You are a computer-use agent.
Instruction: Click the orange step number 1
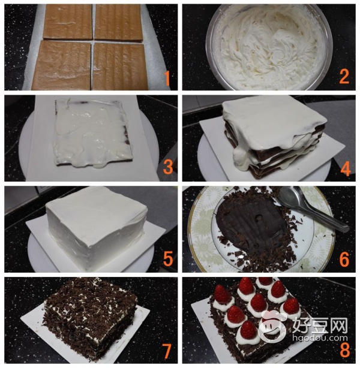(x=167, y=79)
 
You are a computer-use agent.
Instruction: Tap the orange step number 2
(x=344, y=76)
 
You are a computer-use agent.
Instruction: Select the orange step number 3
(x=168, y=167)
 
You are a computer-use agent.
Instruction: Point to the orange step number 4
(x=346, y=168)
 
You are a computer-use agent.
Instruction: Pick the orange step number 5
(x=168, y=258)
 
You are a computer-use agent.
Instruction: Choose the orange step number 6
(x=344, y=259)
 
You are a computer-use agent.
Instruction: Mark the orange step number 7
(x=167, y=351)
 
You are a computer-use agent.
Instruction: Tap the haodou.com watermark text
(x=320, y=338)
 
